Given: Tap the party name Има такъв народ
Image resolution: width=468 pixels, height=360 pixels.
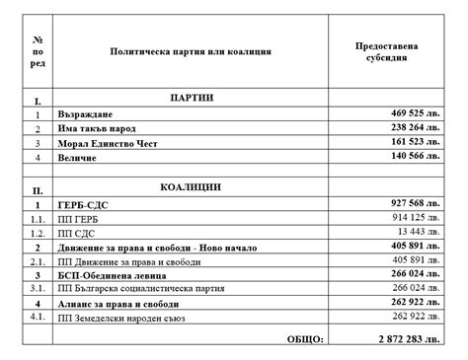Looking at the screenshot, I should tap(103, 129).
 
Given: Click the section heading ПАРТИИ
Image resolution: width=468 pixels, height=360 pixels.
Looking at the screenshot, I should tap(192, 99).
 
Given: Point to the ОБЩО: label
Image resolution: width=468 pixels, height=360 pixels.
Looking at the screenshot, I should tap(303, 340).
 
